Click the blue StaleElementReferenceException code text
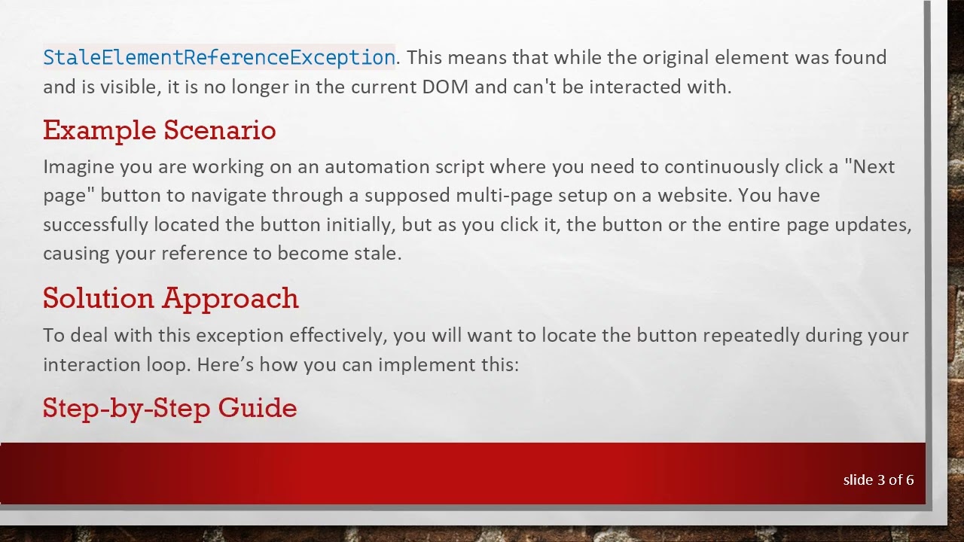click(x=218, y=58)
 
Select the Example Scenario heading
click(x=159, y=130)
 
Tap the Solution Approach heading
click(x=170, y=298)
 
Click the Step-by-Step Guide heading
click(x=169, y=408)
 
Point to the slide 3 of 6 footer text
click(x=878, y=480)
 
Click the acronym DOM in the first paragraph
click(x=445, y=87)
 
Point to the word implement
click(x=419, y=365)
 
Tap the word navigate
click(x=228, y=196)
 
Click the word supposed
click(x=407, y=196)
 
